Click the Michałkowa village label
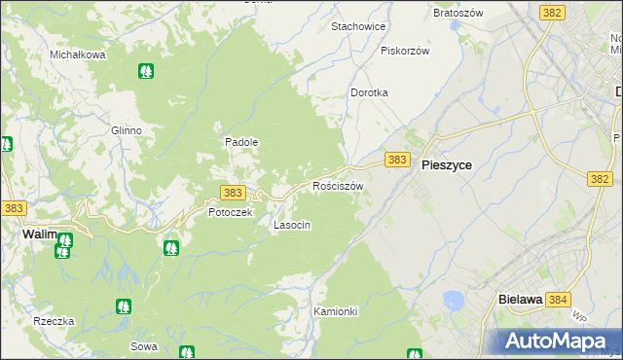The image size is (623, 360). click(x=78, y=54)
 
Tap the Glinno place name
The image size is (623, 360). click(x=127, y=130)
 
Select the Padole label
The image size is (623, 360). click(x=241, y=141)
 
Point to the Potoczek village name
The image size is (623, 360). click(x=231, y=212)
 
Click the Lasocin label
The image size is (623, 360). click(x=292, y=225)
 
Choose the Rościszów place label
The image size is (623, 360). click(x=338, y=185)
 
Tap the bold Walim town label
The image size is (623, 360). click(x=39, y=234)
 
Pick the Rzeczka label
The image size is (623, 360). click(x=54, y=321)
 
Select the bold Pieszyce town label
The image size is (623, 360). click(x=447, y=165)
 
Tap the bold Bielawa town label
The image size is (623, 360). click(x=519, y=301)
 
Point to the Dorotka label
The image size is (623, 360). click(x=370, y=92)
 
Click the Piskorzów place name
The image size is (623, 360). click(x=405, y=50)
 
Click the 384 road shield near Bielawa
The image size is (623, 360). click(x=558, y=301)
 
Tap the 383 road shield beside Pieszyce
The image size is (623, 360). click(x=396, y=160)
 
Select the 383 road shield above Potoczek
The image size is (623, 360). click(x=233, y=194)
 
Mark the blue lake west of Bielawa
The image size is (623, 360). click(x=453, y=300)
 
